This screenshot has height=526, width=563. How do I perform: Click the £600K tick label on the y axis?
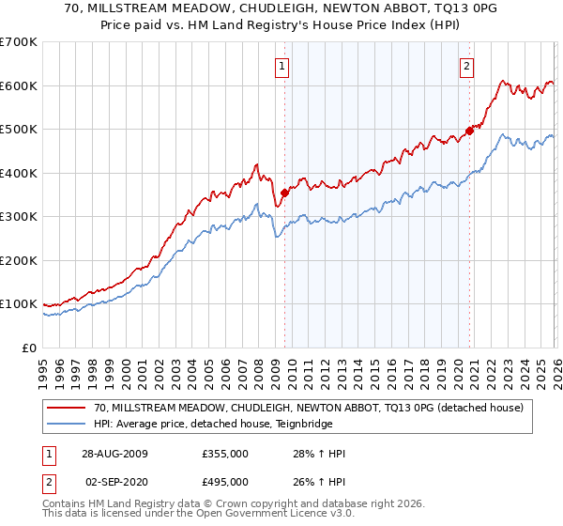19,85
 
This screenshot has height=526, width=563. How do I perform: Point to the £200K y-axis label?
19,260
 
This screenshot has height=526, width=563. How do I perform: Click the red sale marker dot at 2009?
284,193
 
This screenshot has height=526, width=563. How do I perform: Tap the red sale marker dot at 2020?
470,131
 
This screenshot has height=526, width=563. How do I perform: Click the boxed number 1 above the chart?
282,66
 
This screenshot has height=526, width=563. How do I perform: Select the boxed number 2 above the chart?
466,66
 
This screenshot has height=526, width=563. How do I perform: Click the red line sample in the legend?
67,407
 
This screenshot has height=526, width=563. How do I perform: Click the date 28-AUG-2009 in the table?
114,454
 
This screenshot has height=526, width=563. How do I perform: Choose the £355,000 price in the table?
224,454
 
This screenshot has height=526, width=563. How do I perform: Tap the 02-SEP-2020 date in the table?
114,482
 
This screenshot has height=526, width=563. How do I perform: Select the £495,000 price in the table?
224,482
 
